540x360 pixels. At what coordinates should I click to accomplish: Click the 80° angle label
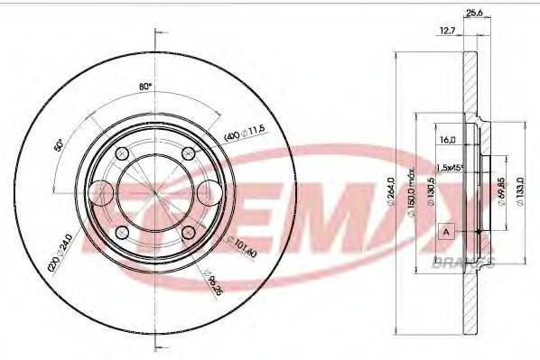[x=144, y=88]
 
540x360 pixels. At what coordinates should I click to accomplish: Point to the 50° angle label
[x=61, y=144]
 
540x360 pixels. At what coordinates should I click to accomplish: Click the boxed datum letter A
[x=445, y=234]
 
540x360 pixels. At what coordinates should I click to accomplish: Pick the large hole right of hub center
[x=209, y=192]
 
